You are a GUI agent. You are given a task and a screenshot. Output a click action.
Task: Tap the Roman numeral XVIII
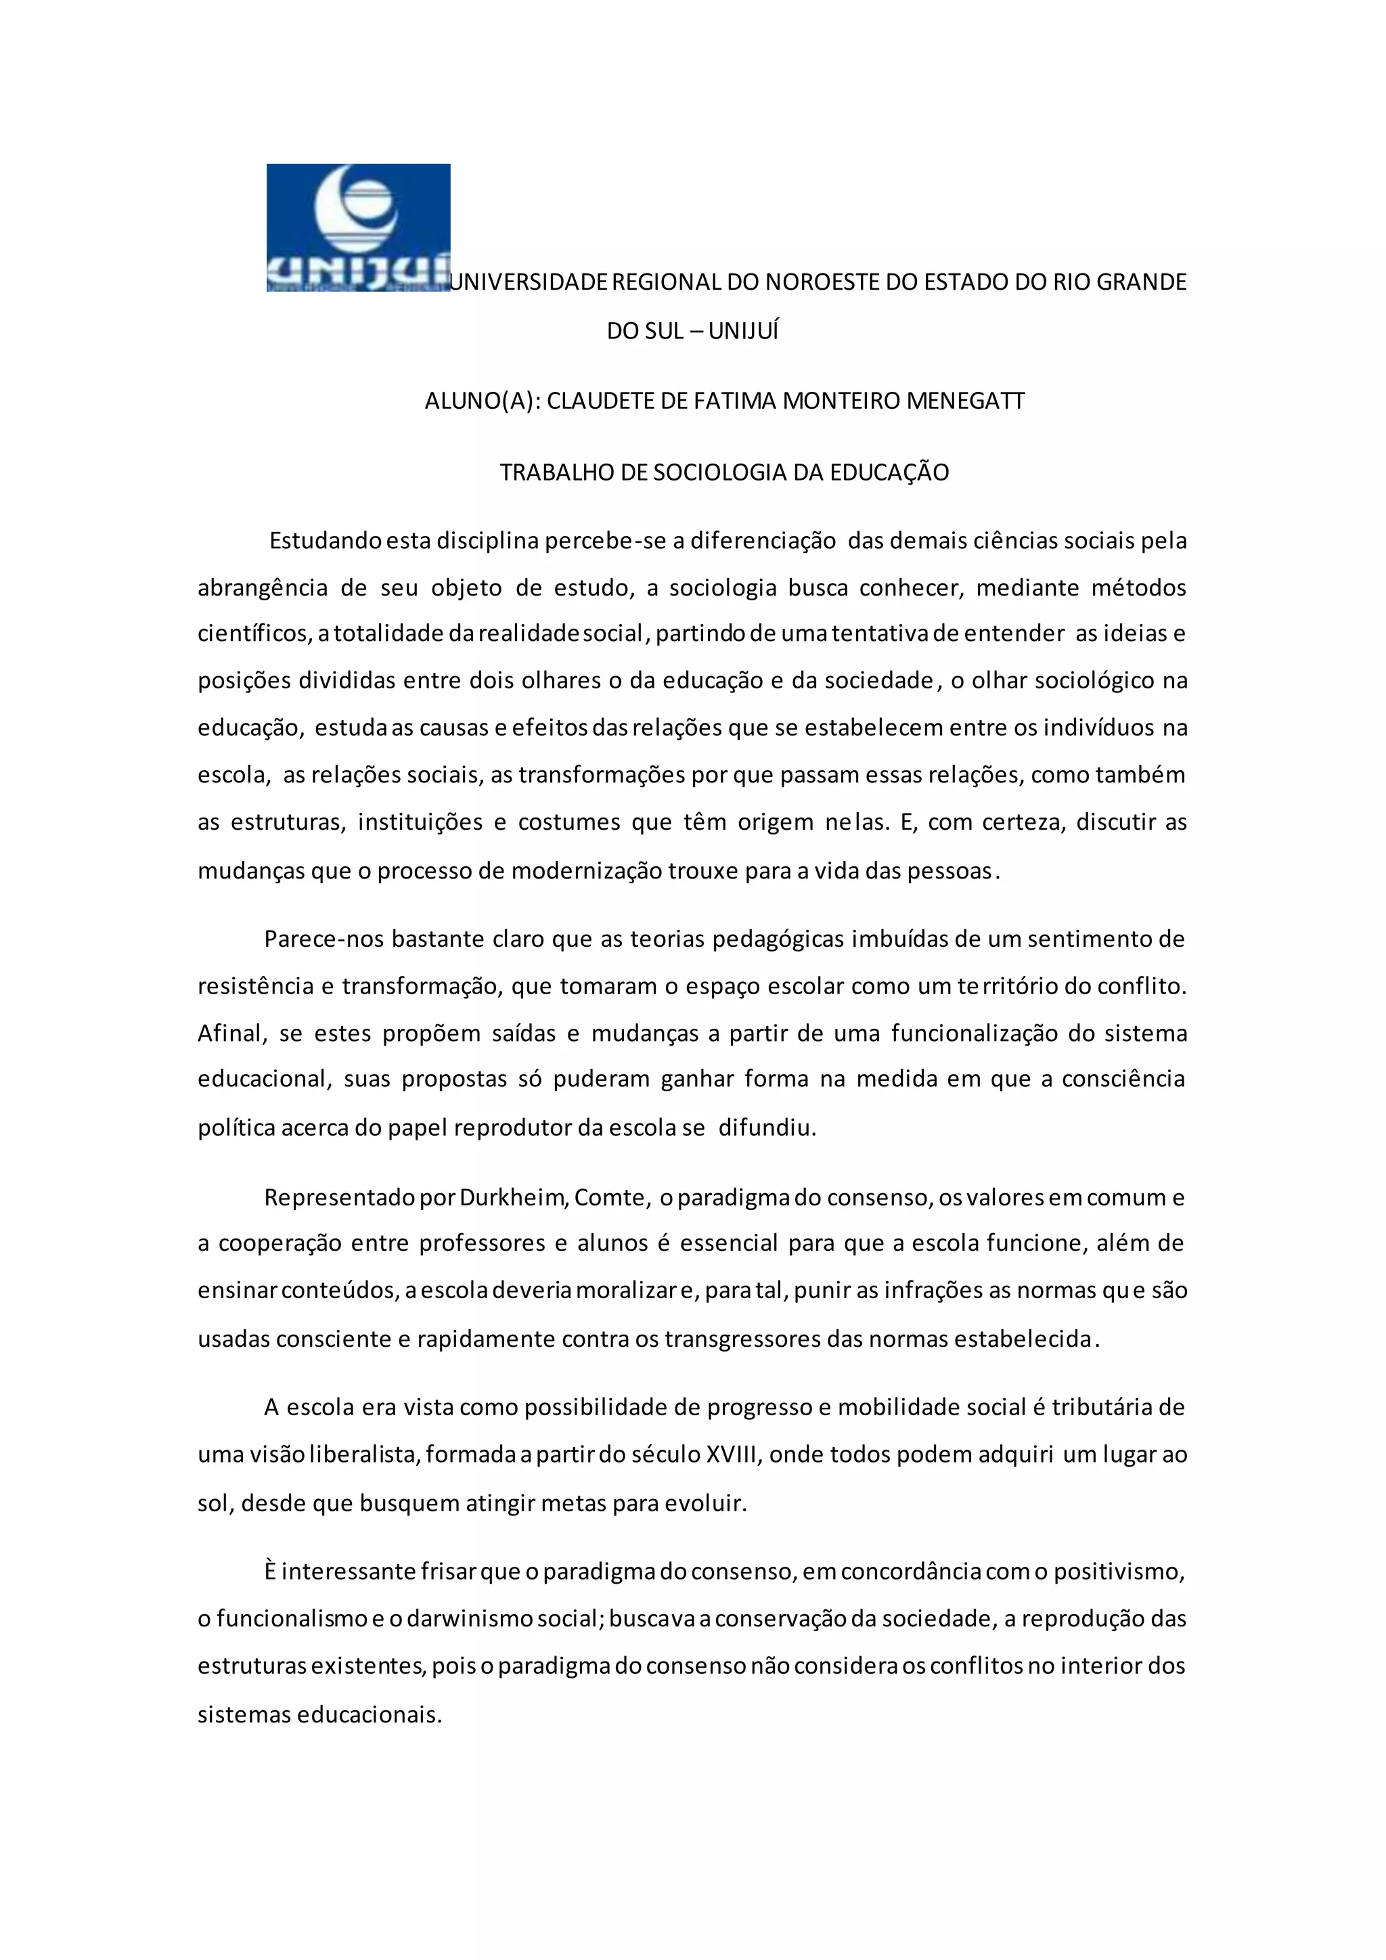(x=733, y=1454)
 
